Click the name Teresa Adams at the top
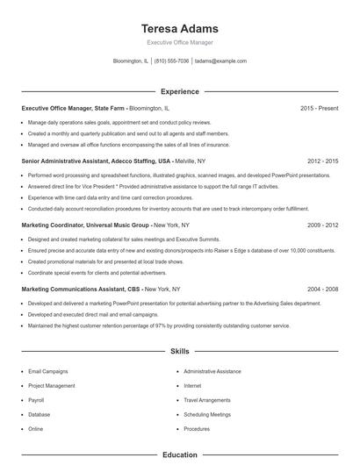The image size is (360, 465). click(x=179, y=28)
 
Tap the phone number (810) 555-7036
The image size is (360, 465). click(x=171, y=61)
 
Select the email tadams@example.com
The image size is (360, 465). click(x=220, y=61)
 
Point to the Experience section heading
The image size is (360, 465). click(x=179, y=91)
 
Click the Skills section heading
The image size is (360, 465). click(x=179, y=351)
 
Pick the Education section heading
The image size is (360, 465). click(x=179, y=455)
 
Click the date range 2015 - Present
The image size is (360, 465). click(x=319, y=108)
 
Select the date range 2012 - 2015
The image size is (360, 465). click(x=322, y=161)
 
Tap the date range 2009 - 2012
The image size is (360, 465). click(x=322, y=225)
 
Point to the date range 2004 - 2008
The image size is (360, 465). click(x=322, y=289)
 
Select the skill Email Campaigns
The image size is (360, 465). click(x=47, y=371)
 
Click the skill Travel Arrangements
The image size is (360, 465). click(x=207, y=400)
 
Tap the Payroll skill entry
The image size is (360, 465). click(x=37, y=400)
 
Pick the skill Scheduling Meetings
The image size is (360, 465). click(x=207, y=414)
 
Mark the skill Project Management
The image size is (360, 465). click(x=51, y=385)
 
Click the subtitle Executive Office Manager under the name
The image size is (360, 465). click(x=179, y=42)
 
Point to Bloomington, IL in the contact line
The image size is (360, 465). click(x=131, y=61)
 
